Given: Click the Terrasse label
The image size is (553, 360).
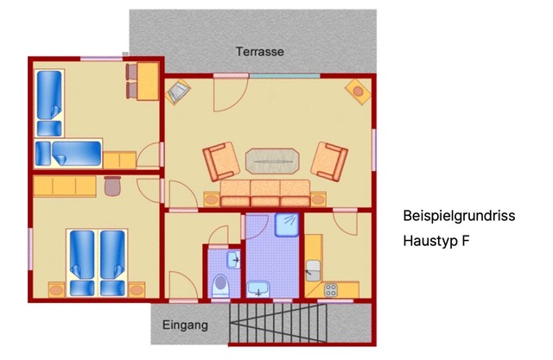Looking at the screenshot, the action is pos(260,52).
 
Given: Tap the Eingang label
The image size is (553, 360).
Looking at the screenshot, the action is pos(185,325).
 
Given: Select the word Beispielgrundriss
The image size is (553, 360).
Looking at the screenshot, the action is pos(459,216).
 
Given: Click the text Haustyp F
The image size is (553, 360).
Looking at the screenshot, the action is pos(436,241).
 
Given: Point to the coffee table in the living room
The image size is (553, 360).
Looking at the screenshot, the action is pos(272,161).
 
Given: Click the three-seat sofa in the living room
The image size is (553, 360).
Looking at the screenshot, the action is pos(265,193).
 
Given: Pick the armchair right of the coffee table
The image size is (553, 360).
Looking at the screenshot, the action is pos(329,161).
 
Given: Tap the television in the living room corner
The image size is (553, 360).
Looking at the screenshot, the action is pos(178,92).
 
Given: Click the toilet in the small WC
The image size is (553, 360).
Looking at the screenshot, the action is pos(221,286).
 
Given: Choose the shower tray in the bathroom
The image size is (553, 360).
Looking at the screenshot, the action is pos(287,224).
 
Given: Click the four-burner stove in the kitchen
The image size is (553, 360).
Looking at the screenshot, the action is pos(331,290).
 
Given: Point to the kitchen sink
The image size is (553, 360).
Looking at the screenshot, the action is pos(313,270).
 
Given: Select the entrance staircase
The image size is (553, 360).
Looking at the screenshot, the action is pos(278,323).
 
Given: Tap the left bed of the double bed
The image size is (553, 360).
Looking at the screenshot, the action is pos(82,262).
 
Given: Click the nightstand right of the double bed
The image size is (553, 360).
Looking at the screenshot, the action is pos(137,290).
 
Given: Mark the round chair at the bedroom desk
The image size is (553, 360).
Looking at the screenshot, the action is pos(113,186).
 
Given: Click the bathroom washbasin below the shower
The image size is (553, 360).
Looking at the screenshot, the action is pos(258,289).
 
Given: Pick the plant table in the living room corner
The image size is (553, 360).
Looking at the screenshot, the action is pos(358,92).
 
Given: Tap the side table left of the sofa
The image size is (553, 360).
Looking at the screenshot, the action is pos(212,199).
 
